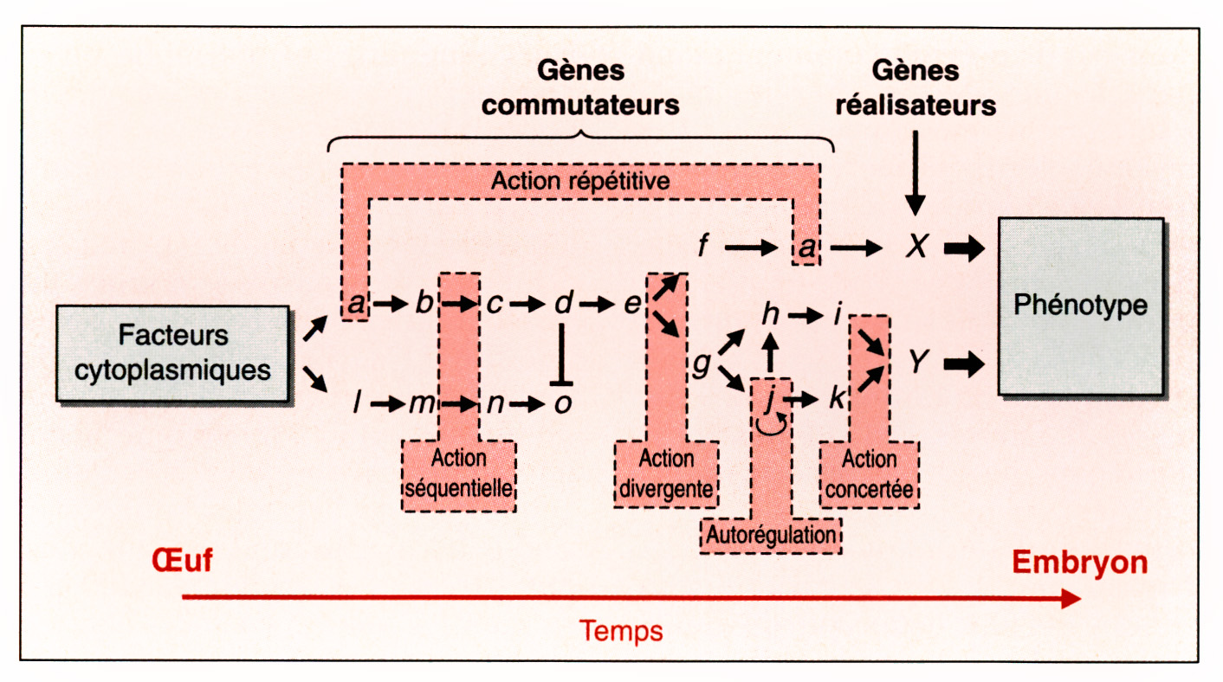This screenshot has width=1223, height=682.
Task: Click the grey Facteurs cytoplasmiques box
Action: click(x=172, y=353)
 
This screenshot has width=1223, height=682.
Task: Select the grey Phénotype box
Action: click(x=1080, y=306)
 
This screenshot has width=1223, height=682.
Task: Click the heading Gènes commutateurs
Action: click(x=580, y=87)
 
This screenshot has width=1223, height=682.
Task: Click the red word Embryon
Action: click(x=1079, y=563)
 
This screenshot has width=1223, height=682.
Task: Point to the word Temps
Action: click(x=621, y=630)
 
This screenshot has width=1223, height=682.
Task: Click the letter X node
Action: click(x=916, y=248)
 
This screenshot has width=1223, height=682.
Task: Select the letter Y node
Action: click(x=916, y=364)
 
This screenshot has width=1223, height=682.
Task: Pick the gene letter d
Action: click(x=563, y=304)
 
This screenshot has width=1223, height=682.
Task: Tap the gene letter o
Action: click(x=563, y=402)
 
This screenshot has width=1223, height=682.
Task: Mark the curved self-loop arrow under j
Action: click(x=770, y=424)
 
